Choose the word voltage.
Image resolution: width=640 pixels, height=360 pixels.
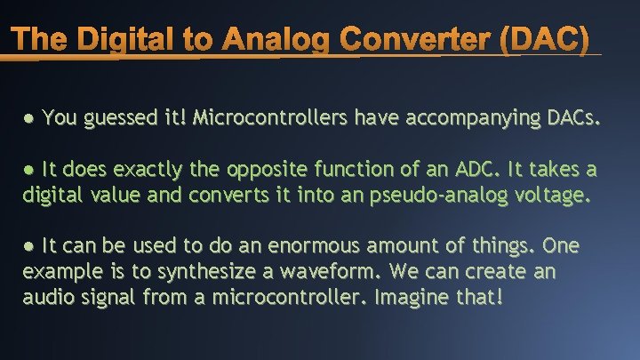tap(553, 194)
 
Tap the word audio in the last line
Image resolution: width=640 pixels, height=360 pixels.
tap(48, 296)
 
